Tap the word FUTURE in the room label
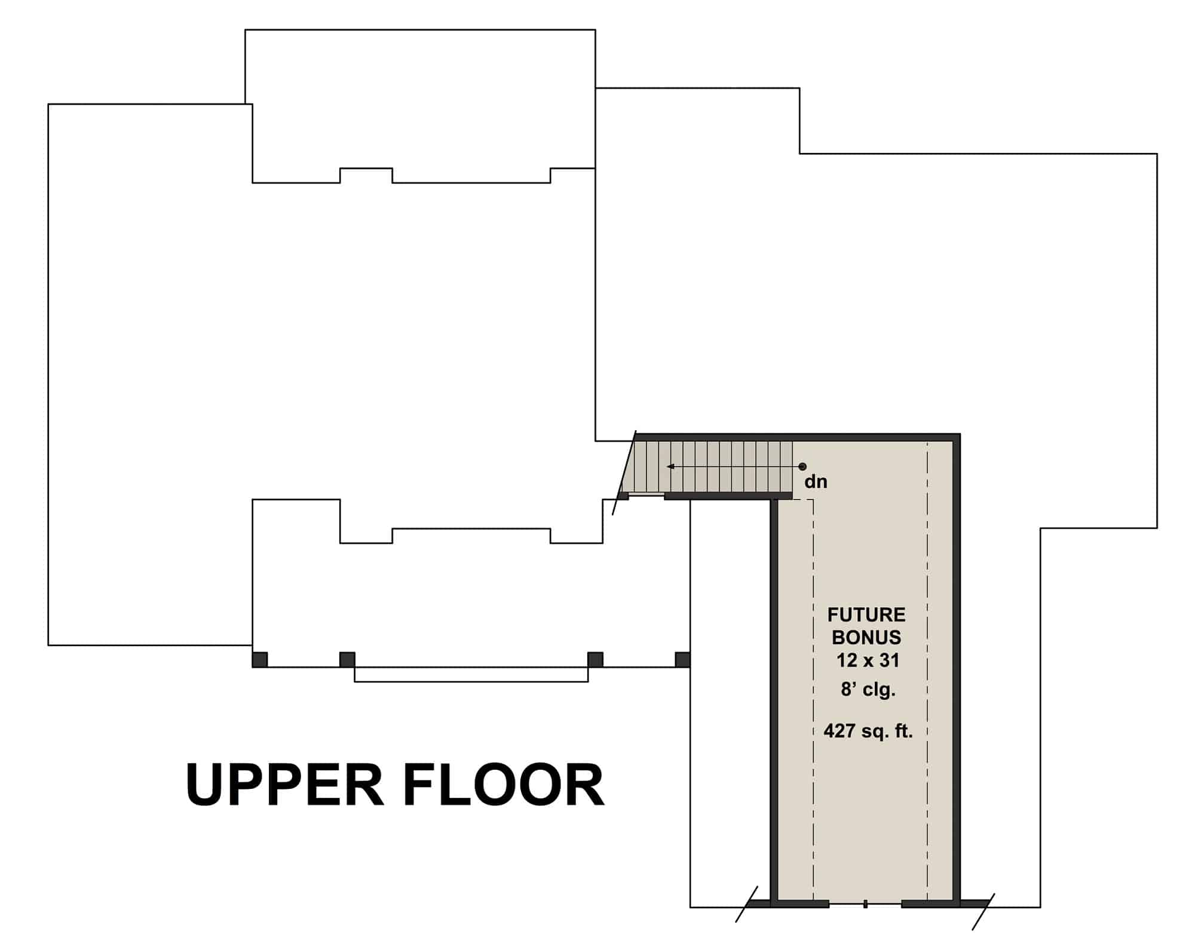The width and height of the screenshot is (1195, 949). point(866,614)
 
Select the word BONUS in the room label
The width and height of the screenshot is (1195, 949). point(866,637)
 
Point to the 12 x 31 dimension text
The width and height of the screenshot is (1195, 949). point(868,660)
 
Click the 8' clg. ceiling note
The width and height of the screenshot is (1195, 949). point(868,690)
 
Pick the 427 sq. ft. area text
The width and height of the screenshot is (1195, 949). point(868,731)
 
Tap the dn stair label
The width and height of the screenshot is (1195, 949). point(816,482)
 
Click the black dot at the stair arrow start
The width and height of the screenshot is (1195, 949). point(802,467)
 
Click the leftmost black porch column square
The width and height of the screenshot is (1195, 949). point(259,660)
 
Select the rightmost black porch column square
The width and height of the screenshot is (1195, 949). point(682,660)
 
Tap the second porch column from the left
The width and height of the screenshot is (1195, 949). point(347,660)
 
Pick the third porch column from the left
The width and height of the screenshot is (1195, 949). point(595,660)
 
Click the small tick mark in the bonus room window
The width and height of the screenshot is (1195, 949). point(865,921)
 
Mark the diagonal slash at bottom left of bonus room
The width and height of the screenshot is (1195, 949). point(746,904)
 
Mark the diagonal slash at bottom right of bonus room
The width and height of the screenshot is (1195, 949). point(983,912)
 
